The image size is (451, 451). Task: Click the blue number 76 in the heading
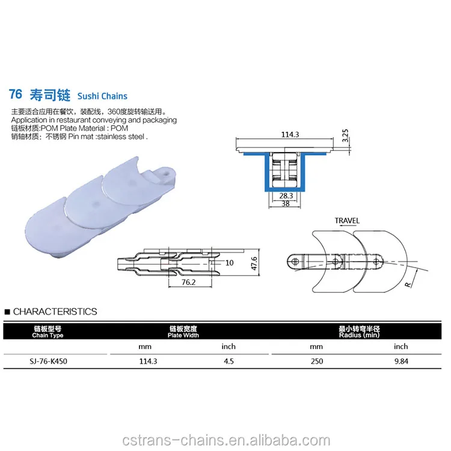(x=16, y=95)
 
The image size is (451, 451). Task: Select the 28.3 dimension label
(x=286, y=196)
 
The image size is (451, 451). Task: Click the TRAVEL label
(x=347, y=221)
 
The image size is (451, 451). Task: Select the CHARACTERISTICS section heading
(x=54, y=311)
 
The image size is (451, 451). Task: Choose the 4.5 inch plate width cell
(x=229, y=361)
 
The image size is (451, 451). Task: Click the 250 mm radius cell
(x=316, y=361)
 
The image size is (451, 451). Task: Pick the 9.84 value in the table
(x=400, y=361)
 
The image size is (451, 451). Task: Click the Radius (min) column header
(x=359, y=331)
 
